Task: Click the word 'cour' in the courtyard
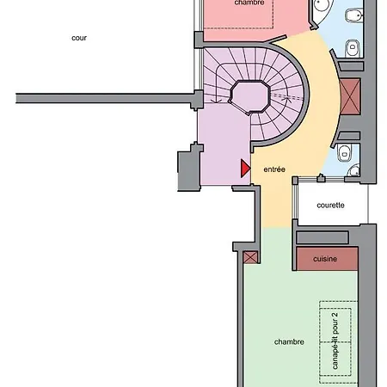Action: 80,38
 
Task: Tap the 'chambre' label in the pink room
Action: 249,3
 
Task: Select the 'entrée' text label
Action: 274,169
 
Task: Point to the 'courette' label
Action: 330,205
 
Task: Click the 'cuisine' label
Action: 325,258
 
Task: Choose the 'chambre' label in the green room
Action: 290,341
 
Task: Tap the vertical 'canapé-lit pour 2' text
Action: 335,341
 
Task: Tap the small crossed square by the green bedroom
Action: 250,257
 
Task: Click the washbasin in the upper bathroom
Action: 350,49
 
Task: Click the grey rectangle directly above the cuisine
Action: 325,236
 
